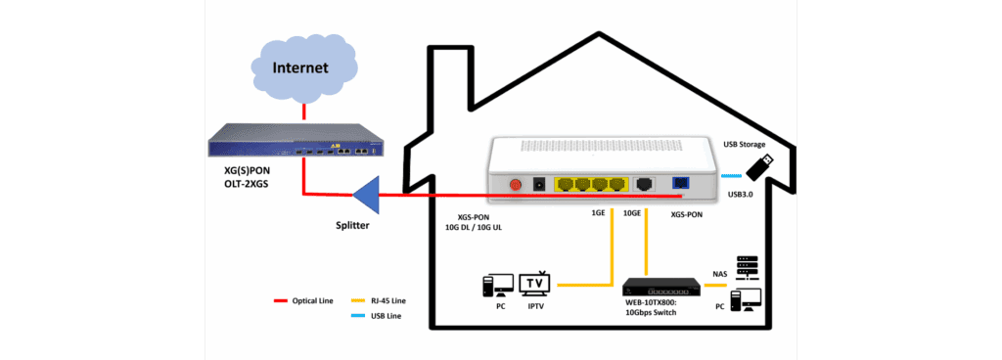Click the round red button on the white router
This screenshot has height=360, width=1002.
[x=515, y=184]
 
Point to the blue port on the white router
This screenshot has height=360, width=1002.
[x=681, y=183]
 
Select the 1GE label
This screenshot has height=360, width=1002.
[x=597, y=212]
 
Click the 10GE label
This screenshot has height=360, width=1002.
[x=630, y=212]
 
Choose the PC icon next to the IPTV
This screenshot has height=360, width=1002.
[x=498, y=285]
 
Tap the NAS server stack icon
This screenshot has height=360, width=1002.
[x=747, y=265]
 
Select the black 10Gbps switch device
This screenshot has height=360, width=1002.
[x=661, y=287]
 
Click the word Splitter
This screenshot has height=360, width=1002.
[x=349, y=227]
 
